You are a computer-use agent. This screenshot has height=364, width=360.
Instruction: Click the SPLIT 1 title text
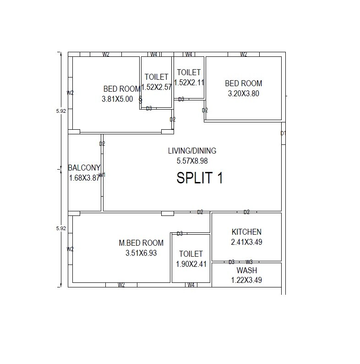tap(200, 178)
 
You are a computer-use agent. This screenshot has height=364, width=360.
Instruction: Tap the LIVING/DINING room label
tap(192, 151)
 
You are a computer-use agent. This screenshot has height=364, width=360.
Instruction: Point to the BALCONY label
tap(84, 168)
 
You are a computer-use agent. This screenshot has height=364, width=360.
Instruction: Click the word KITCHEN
tap(246, 232)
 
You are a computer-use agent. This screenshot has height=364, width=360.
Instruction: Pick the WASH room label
tap(246, 270)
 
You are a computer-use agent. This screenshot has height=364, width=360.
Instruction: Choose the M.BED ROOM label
tap(141, 243)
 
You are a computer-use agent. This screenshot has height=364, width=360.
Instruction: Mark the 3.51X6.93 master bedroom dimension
tap(141, 253)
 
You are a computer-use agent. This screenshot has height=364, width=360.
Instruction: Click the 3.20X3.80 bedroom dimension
tap(244, 94)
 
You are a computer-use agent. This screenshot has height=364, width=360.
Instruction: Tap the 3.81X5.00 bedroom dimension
tap(117, 99)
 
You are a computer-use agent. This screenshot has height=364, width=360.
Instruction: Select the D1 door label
tap(283, 133)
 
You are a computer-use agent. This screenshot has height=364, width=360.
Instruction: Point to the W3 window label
tap(249, 262)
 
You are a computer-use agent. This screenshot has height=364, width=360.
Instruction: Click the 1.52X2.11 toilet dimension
tap(189, 83)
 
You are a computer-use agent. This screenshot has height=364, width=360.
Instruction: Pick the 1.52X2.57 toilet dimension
tap(156, 87)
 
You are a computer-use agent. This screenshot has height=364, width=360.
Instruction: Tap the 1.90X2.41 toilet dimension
tap(191, 264)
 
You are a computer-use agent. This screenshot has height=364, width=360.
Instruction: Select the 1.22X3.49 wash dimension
tap(246, 280)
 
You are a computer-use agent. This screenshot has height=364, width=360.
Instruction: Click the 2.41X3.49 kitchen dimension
tap(246, 242)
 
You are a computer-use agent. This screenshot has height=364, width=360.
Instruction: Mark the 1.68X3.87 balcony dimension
tap(84, 178)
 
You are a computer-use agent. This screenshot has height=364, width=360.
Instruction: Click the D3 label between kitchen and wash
tap(232, 262)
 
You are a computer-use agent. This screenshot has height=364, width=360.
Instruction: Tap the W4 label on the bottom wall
tap(191, 285)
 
